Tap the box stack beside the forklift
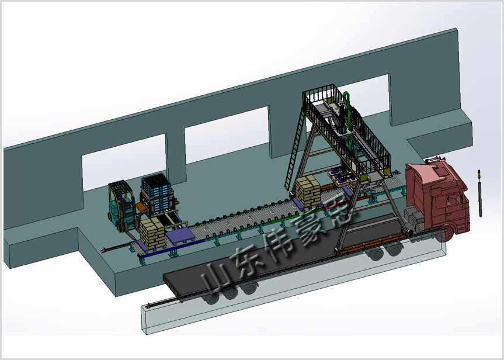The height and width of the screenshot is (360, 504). tap(152, 233)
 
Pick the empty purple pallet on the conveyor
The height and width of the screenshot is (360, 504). tap(180, 234)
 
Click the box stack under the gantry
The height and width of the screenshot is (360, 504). tap(308, 192)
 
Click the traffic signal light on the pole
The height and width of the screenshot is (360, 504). tap(479, 174)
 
